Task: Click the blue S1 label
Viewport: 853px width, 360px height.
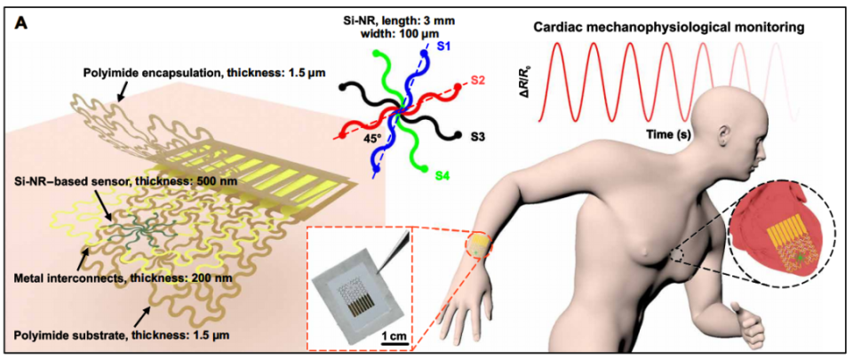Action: [444, 47]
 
